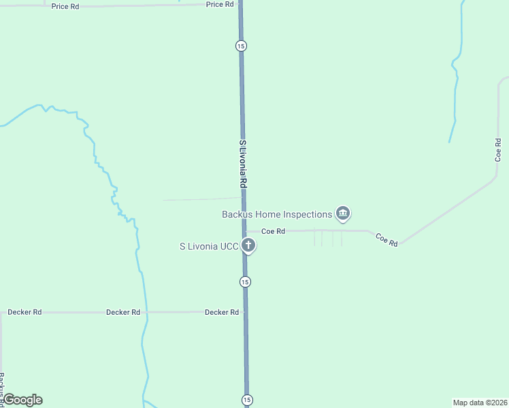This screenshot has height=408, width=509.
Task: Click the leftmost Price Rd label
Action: pyautogui.click(x=65, y=5)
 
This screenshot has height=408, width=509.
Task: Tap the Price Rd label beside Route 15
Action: pyautogui.click(x=220, y=4)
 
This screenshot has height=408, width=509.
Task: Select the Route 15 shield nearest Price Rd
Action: pyautogui.click(x=241, y=46)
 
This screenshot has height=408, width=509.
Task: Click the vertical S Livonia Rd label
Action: pyautogui.click(x=242, y=165)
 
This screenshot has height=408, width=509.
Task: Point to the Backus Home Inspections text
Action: pyautogui.click(x=277, y=214)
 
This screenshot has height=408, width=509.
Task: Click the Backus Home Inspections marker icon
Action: pyautogui.click(x=343, y=214)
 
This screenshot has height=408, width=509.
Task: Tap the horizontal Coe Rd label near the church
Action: pyautogui.click(x=273, y=231)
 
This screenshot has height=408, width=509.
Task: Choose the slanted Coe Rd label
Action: pyautogui.click(x=387, y=239)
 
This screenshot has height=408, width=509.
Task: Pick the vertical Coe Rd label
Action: pyautogui.click(x=498, y=150)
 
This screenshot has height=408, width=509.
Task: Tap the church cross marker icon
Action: pyautogui.click(x=249, y=245)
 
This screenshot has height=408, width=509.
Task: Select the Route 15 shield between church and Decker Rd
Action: pyautogui.click(x=245, y=282)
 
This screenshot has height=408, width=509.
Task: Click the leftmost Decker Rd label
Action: pyautogui.click(x=24, y=312)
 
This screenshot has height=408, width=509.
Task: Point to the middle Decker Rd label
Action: pyautogui.click(x=123, y=312)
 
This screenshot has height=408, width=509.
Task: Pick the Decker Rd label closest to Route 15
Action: pyautogui.click(x=222, y=312)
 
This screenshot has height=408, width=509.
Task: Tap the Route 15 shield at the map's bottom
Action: pyautogui.click(x=247, y=399)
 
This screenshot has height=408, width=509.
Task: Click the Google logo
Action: pyautogui.click(x=22, y=400)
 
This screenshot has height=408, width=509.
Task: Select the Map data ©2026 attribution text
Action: pyautogui.click(x=480, y=403)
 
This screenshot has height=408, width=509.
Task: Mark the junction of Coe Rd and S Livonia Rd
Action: pyautogui.click(x=244, y=231)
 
